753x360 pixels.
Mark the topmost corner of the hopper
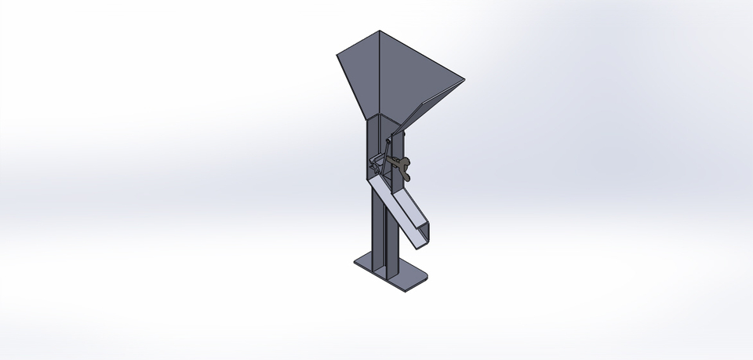pos(380,31)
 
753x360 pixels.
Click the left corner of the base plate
pos(355,261)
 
